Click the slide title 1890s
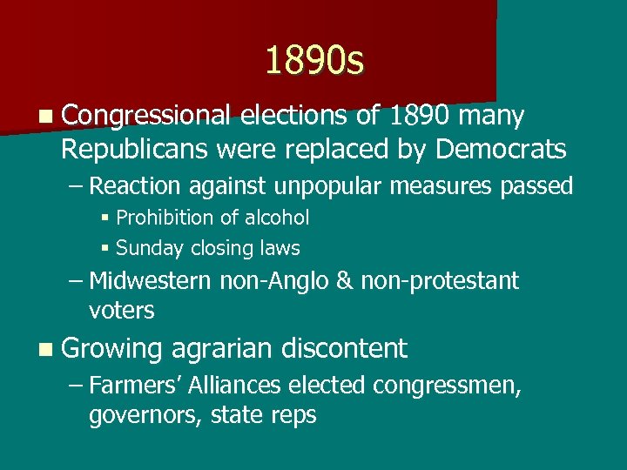(x=314, y=61)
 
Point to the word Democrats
(x=501, y=149)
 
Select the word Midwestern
(x=150, y=281)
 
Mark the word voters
(x=121, y=310)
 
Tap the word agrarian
(x=222, y=348)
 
